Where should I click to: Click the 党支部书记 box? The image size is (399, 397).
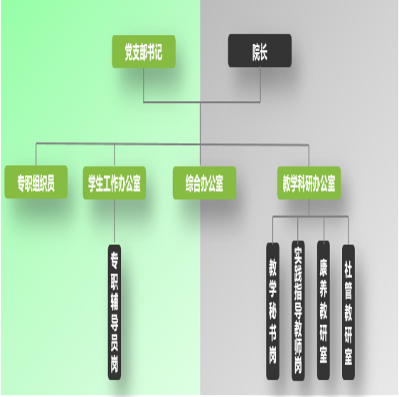(x=144, y=52)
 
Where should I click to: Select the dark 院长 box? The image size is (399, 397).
(x=260, y=51)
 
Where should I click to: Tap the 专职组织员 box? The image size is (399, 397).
(x=36, y=182)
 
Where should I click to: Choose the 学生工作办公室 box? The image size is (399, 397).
(x=115, y=183)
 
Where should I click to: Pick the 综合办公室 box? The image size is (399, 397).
(x=204, y=183)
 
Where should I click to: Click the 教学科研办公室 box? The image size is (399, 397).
(x=309, y=183)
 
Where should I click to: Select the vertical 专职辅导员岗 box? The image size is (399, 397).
(x=115, y=312)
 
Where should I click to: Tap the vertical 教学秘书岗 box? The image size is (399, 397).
(x=273, y=311)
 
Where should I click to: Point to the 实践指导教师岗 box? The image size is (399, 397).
(x=298, y=310)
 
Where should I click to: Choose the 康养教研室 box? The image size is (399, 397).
(x=324, y=310)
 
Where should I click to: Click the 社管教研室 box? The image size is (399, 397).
(x=349, y=312)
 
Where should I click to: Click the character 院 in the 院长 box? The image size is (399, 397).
(x=256, y=52)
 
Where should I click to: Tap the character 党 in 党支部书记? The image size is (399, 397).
(x=129, y=53)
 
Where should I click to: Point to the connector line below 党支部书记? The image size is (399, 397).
(x=144, y=85)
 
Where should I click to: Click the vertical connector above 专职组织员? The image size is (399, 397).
(x=36, y=154)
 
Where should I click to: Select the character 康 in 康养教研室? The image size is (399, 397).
(x=324, y=268)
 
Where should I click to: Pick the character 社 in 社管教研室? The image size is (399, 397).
(x=349, y=270)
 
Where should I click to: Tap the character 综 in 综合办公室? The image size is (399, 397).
(x=190, y=184)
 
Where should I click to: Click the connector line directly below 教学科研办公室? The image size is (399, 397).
(x=309, y=208)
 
